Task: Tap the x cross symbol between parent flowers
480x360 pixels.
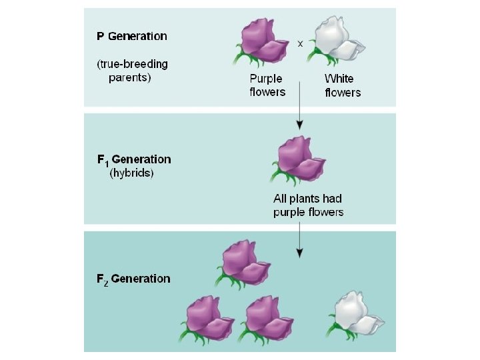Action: click(300, 43)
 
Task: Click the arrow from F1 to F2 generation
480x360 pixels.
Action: click(300, 240)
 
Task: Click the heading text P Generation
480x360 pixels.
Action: click(132, 36)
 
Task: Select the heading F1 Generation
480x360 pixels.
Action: click(134, 159)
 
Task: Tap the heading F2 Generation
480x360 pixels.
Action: click(133, 279)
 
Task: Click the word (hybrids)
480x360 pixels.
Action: click(131, 173)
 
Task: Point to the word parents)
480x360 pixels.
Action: click(131, 77)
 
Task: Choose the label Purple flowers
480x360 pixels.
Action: click(267, 85)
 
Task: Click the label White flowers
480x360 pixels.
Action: click(342, 85)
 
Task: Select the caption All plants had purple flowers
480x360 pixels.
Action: click(308, 205)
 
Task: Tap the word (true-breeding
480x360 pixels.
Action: click(132, 64)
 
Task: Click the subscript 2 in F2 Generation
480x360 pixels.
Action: click(105, 282)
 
